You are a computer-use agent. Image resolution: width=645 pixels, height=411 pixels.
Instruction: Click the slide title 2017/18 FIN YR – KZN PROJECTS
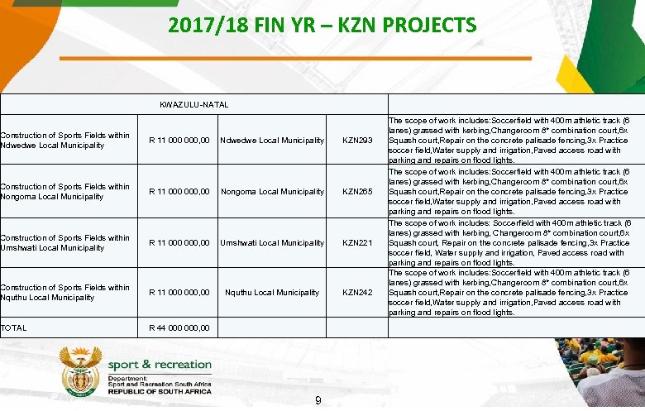tap(322, 25)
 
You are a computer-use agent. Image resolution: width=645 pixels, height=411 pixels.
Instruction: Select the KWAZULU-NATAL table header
tap(193, 104)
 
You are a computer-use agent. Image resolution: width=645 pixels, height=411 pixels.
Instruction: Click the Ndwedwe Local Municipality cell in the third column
tap(272, 141)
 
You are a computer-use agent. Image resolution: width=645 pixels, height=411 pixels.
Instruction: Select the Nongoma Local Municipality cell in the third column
tap(272, 192)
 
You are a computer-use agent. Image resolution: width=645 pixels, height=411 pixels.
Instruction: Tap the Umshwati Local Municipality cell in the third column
tap(272, 243)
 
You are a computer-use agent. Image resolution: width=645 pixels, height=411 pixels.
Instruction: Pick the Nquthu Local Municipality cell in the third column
tap(272, 293)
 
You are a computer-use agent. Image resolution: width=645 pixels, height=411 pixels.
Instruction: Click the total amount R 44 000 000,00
tap(179, 328)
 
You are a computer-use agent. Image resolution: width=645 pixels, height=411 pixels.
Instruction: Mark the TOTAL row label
tap(14, 328)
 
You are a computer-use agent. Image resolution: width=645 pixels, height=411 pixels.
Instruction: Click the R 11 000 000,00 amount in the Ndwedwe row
tap(179, 141)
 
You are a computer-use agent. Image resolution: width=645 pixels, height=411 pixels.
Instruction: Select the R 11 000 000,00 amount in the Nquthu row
tap(179, 293)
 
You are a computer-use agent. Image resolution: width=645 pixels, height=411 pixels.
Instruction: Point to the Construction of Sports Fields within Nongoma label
tap(64, 192)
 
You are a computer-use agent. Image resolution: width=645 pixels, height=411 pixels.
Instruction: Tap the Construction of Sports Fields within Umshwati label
tap(64, 243)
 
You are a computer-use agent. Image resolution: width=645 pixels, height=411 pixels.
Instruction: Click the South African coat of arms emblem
tap(81, 372)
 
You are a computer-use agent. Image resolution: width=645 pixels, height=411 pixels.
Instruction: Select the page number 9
tap(318, 401)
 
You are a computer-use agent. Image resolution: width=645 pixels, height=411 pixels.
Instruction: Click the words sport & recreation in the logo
tap(160, 364)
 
